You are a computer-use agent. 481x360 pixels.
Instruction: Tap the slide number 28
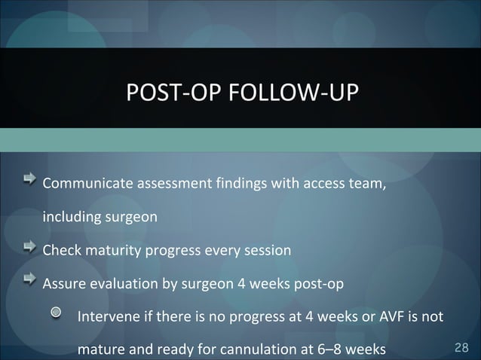pyautogui.click(x=462, y=348)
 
